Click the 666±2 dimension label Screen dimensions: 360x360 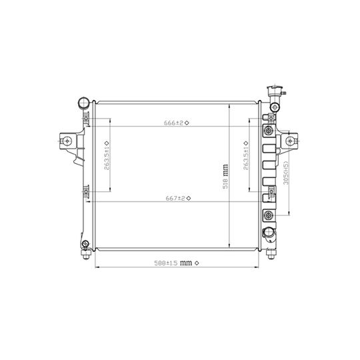click(173, 123)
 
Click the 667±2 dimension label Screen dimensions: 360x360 click(175, 198)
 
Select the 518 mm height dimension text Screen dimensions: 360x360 click(225, 177)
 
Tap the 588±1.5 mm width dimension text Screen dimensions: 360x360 click(173, 263)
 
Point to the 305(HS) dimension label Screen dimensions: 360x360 click(286, 173)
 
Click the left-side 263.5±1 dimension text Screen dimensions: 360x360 click(107, 158)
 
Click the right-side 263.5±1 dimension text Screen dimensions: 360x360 click(245, 158)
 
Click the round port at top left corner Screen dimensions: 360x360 click(84, 103)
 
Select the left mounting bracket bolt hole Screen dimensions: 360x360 click(67, 141)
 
